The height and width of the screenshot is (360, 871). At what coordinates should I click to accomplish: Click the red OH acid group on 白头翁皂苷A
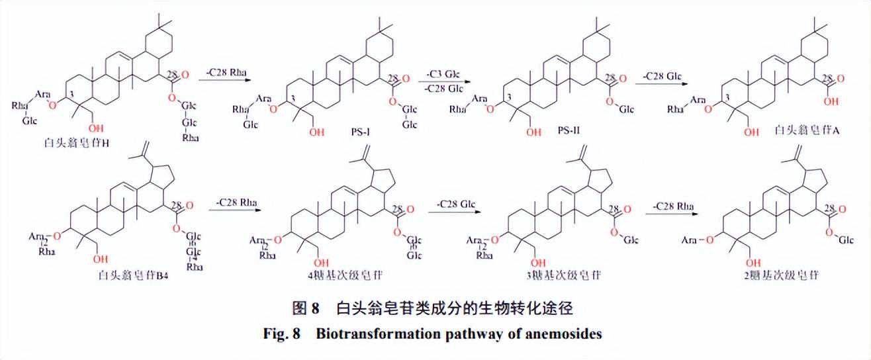[x=832, y=101]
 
